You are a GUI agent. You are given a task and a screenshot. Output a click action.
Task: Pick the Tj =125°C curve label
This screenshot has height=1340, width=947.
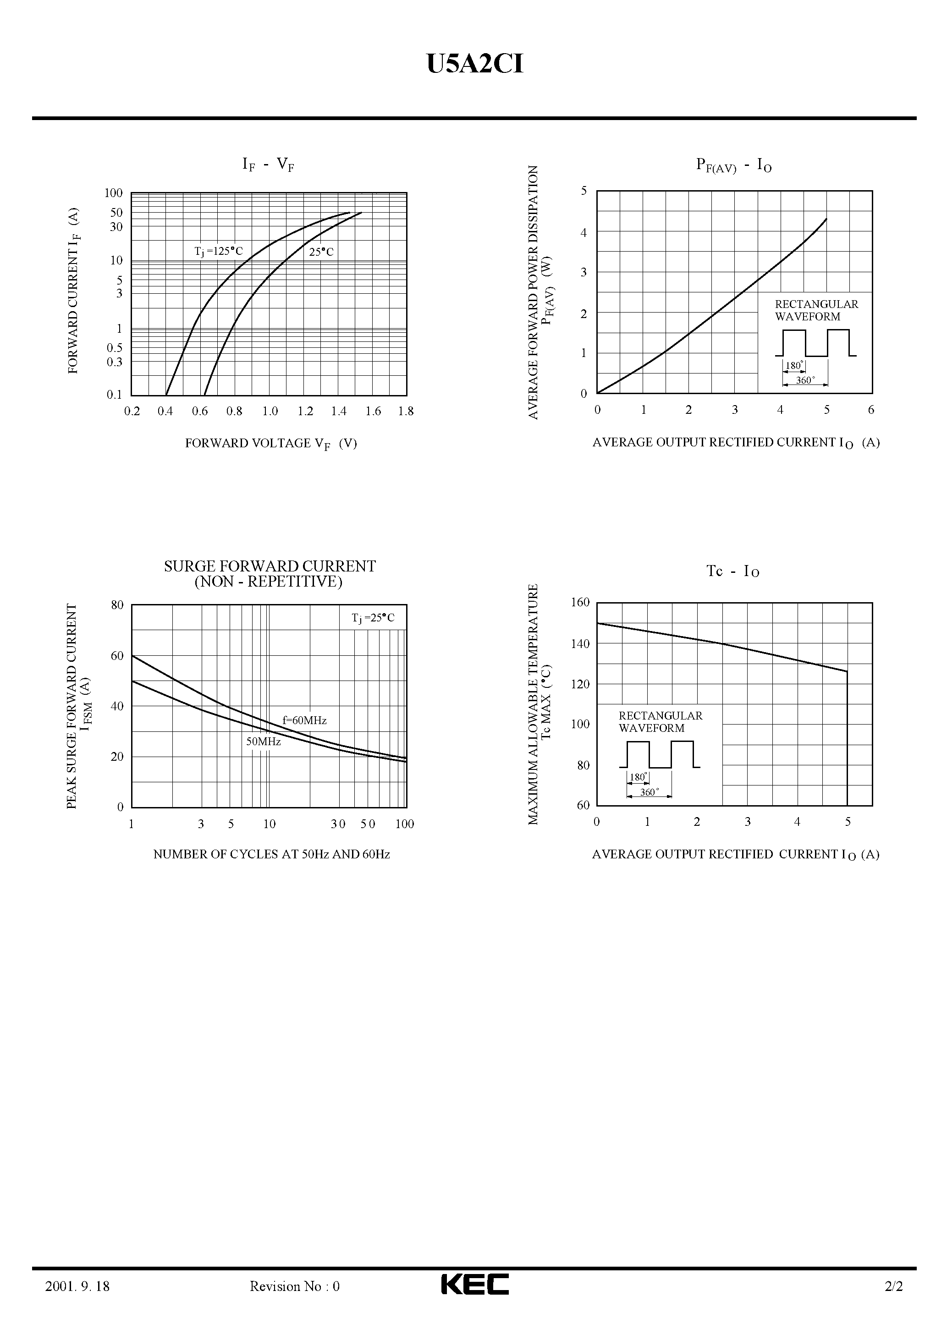(x=218, y=252)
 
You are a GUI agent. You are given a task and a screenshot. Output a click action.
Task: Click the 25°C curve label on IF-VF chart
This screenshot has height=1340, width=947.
(x=321, y=252)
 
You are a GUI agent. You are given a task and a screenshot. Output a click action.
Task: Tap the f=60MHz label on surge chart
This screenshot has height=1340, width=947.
(x=304, y=721)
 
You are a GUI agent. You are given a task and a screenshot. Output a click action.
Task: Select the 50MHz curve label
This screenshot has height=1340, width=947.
(x=263, y=742)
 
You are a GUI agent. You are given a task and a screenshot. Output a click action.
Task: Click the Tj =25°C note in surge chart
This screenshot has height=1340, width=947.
(x=373, y=618)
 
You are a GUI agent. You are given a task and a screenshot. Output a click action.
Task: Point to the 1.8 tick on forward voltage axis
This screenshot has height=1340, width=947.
(x=406, y=412)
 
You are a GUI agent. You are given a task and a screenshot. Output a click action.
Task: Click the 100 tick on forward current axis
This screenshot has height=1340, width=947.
(x=114, y=193)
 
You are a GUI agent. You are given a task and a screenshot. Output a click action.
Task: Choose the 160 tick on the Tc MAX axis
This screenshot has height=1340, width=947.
(x=580, y=602)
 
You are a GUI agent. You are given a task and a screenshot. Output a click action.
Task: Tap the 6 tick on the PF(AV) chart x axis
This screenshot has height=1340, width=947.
(x=871, y=410)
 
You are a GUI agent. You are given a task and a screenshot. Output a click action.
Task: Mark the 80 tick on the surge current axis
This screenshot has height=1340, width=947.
(x=117, y=605)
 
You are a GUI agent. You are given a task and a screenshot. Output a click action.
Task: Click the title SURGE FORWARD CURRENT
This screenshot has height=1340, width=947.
(x=270, y=567)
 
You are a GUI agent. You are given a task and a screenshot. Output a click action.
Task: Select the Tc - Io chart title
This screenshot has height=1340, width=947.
(x=733, y=571)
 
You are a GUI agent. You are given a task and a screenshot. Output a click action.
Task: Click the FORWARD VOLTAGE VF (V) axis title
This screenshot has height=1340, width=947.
(x=271, y=444)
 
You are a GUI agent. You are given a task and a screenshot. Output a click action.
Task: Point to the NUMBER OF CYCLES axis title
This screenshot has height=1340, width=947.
(x=271, y=854)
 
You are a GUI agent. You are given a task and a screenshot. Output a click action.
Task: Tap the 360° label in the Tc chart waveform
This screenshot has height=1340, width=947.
(x=649, y=792)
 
